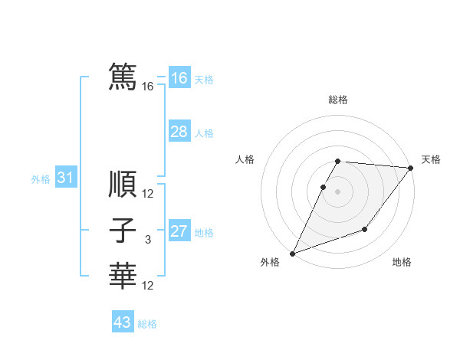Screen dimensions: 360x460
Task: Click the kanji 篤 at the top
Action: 123,77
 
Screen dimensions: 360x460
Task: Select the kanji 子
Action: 123,231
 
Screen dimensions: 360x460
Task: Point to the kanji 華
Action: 123,276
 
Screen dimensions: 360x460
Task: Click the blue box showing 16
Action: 179,78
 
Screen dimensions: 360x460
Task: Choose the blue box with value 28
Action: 179,132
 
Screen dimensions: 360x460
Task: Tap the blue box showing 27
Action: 179,231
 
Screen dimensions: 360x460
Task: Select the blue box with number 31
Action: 65,178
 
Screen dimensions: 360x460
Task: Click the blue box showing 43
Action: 122,322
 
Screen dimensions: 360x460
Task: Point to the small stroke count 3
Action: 148,240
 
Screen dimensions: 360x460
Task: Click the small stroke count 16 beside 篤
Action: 148,87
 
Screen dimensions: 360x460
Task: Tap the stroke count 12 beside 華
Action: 148,286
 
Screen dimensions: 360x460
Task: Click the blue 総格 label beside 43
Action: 147,324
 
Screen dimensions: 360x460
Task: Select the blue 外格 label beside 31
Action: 41,180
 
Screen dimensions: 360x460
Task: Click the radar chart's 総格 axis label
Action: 338,100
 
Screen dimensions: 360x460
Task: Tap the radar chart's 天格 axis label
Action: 431,159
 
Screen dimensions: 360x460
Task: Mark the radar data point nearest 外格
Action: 292,254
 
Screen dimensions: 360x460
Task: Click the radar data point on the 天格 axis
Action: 411,168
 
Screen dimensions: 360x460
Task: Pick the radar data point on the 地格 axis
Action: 365,229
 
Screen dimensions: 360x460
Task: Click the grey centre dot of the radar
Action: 338,191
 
